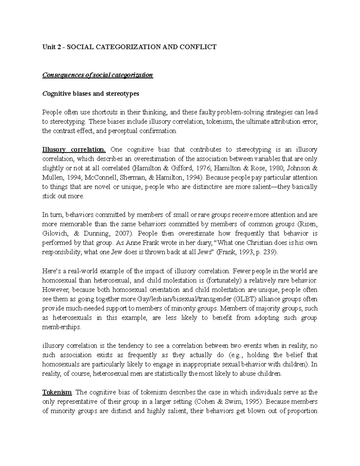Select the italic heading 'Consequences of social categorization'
(x=97, y=75)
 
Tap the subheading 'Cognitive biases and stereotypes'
(x=91, y=94)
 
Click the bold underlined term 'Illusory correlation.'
(x=74, y=149)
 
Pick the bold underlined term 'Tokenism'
(x=57, y=392)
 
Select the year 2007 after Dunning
(x=128, y=233)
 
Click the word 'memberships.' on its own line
(x=61, y=327)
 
